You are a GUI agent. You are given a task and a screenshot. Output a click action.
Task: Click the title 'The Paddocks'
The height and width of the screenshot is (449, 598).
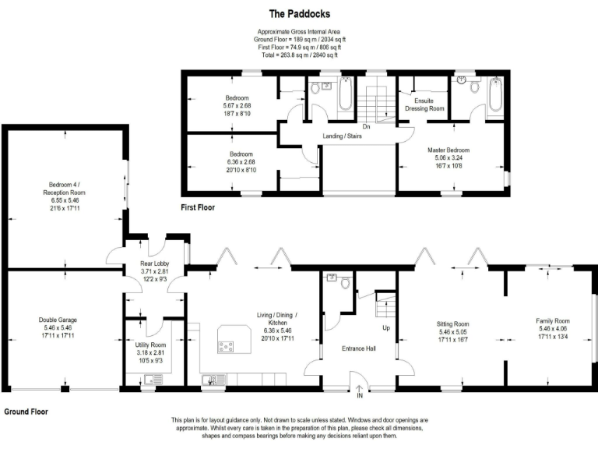pyautogui.click(x=299, y=13)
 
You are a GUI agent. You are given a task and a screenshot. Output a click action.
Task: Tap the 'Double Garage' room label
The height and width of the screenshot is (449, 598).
pyautogui.click(x=58, y=319)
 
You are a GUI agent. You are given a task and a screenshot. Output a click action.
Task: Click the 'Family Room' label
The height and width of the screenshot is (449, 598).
pyautogui.click(x=552, y=320)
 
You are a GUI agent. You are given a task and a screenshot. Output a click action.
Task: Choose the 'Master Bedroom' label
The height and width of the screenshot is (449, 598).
pyautogui.click(x=448, y=150)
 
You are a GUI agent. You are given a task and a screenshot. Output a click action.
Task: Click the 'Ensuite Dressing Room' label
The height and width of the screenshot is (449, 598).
pyautogui.click(x=424, y=104)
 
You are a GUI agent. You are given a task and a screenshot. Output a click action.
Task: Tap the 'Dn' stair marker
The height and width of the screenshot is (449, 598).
pyautogui.click(x=366, y=126)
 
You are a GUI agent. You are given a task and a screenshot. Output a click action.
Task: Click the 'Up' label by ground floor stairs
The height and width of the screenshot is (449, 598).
pyautogui.click(x=385, y=327)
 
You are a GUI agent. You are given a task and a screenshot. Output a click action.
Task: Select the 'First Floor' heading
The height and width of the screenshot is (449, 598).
pyautogui.click(x=198, y=208)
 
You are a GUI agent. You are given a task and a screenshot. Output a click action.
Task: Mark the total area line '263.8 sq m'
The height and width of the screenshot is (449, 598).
pyautogui.click(x=299, y=55)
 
